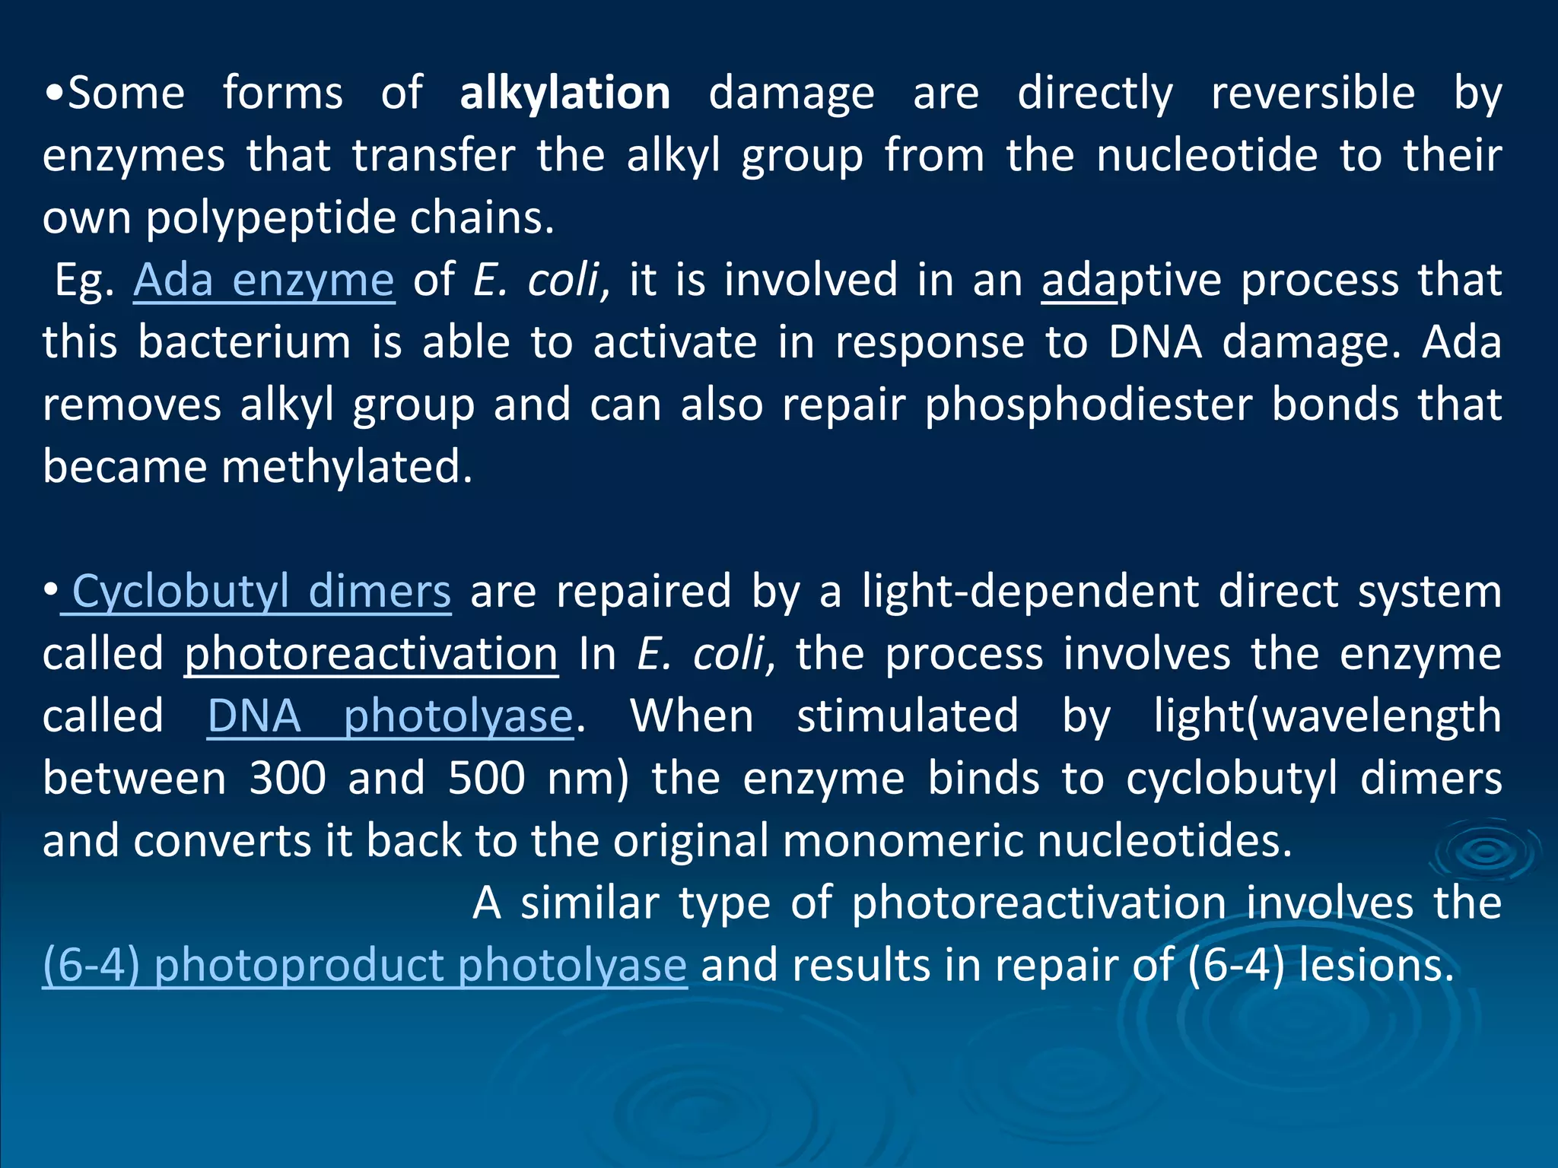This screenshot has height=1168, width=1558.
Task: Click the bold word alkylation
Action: [x=564, y=94]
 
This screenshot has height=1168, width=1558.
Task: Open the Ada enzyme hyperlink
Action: [x=264, y=280]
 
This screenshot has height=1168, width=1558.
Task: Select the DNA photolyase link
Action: [x=390, y=716]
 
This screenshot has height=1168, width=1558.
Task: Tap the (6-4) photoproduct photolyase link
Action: [x=365, y=965]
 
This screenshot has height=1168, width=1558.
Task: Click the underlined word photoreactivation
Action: [x=371, y=654]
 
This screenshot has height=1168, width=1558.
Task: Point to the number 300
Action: [x=288, y=779]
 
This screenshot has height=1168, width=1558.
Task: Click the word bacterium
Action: [x=244, y=342]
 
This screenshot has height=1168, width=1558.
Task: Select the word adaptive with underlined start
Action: [x=1131, y=280]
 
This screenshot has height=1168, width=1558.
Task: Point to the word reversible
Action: [x=1313, y=94]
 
